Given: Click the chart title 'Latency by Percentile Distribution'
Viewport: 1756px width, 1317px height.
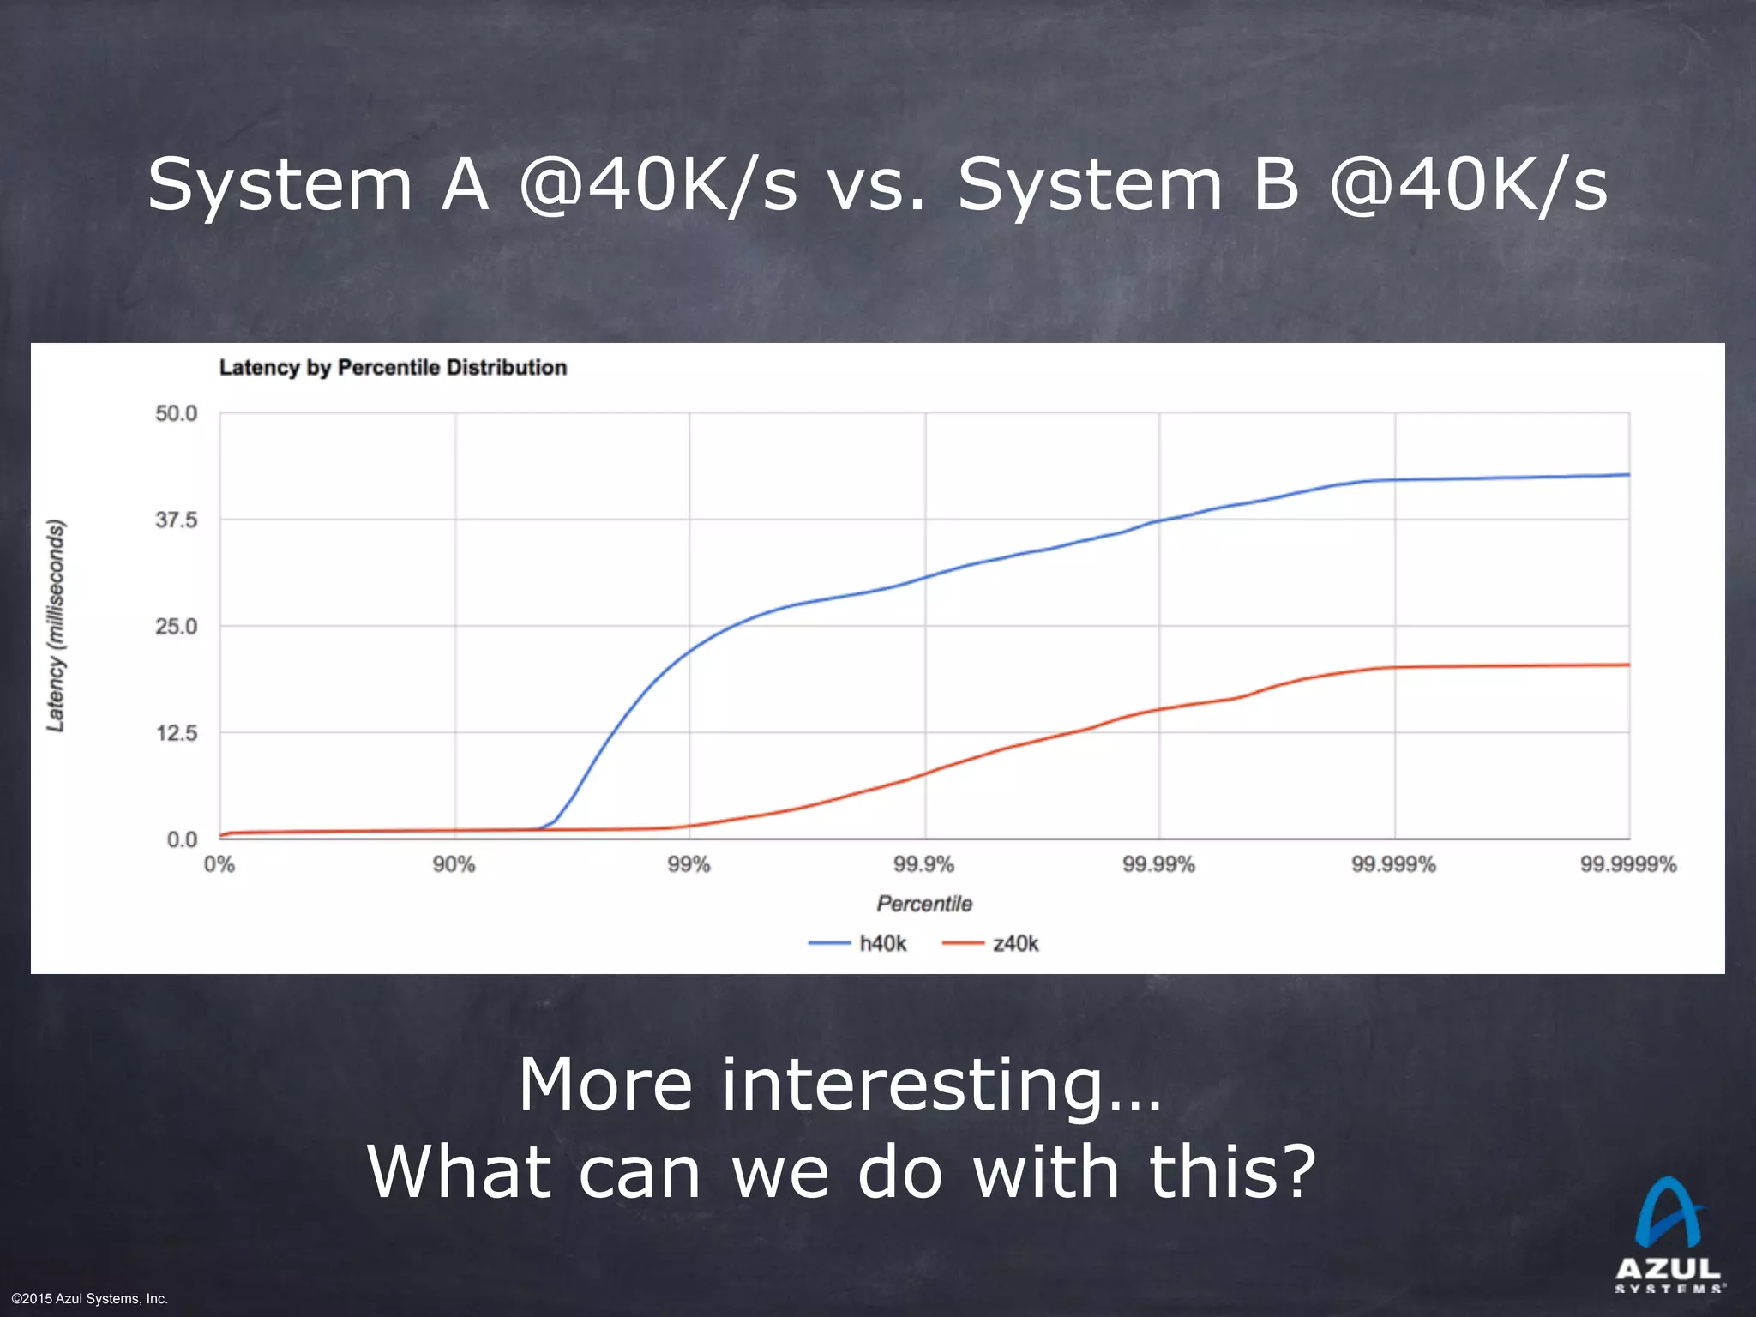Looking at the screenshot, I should [x=393, y=368].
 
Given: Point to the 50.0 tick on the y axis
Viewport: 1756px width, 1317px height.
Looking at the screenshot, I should [x=176, y=413].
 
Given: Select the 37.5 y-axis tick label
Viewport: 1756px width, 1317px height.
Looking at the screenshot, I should [x=176, y=520].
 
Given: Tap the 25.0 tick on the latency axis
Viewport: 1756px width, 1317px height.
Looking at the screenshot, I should [x=176, y=627].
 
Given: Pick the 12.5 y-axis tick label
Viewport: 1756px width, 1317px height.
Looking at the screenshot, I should [x=176, y=733].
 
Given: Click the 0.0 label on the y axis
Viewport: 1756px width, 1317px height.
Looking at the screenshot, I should [x=181, y=839].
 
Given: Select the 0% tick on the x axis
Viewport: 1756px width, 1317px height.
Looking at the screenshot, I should [x=219, y=864].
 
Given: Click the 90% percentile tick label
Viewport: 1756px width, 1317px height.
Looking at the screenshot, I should [x=454, y=864].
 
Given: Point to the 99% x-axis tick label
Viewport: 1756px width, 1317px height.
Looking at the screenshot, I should [x=689, y=864].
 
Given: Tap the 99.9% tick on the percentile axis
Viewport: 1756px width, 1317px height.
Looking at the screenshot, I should [x=923, y=864].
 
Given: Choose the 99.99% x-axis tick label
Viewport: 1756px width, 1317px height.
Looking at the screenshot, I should [x=1158, y=864].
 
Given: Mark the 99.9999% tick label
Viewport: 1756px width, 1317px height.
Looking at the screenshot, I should [x=1627, y=864].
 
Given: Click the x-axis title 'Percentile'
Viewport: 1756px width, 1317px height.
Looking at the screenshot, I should [x=923, y=904].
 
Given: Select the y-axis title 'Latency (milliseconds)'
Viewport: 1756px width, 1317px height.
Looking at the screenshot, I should [x=56, y=626].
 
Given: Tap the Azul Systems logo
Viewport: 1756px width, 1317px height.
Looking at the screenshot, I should [x=1668, y=1235].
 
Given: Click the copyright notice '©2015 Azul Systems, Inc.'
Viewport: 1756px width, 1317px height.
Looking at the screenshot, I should [x=90, y=1299].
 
